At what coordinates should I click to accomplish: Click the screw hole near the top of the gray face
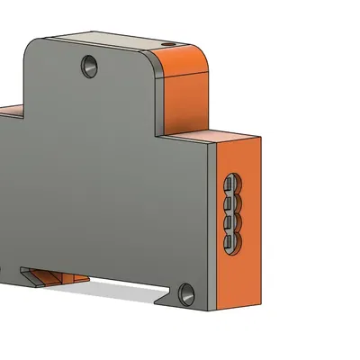click(88, 65)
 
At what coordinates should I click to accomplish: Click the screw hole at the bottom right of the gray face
click(186, 292)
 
